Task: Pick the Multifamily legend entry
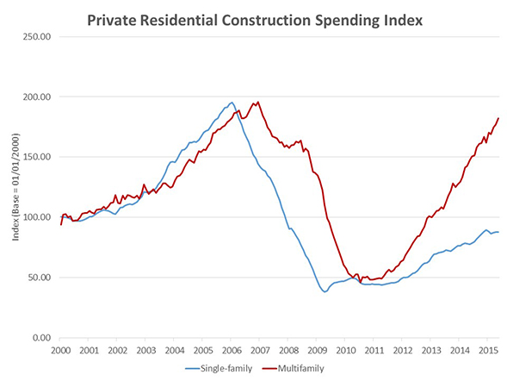click(x=303, y=369)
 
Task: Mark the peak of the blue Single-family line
click(x=232, y=103)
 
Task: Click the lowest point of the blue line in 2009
click(x=325, y=291)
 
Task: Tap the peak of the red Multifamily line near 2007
click(x=257, y=102)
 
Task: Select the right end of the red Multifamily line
click(x=498, y=118)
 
